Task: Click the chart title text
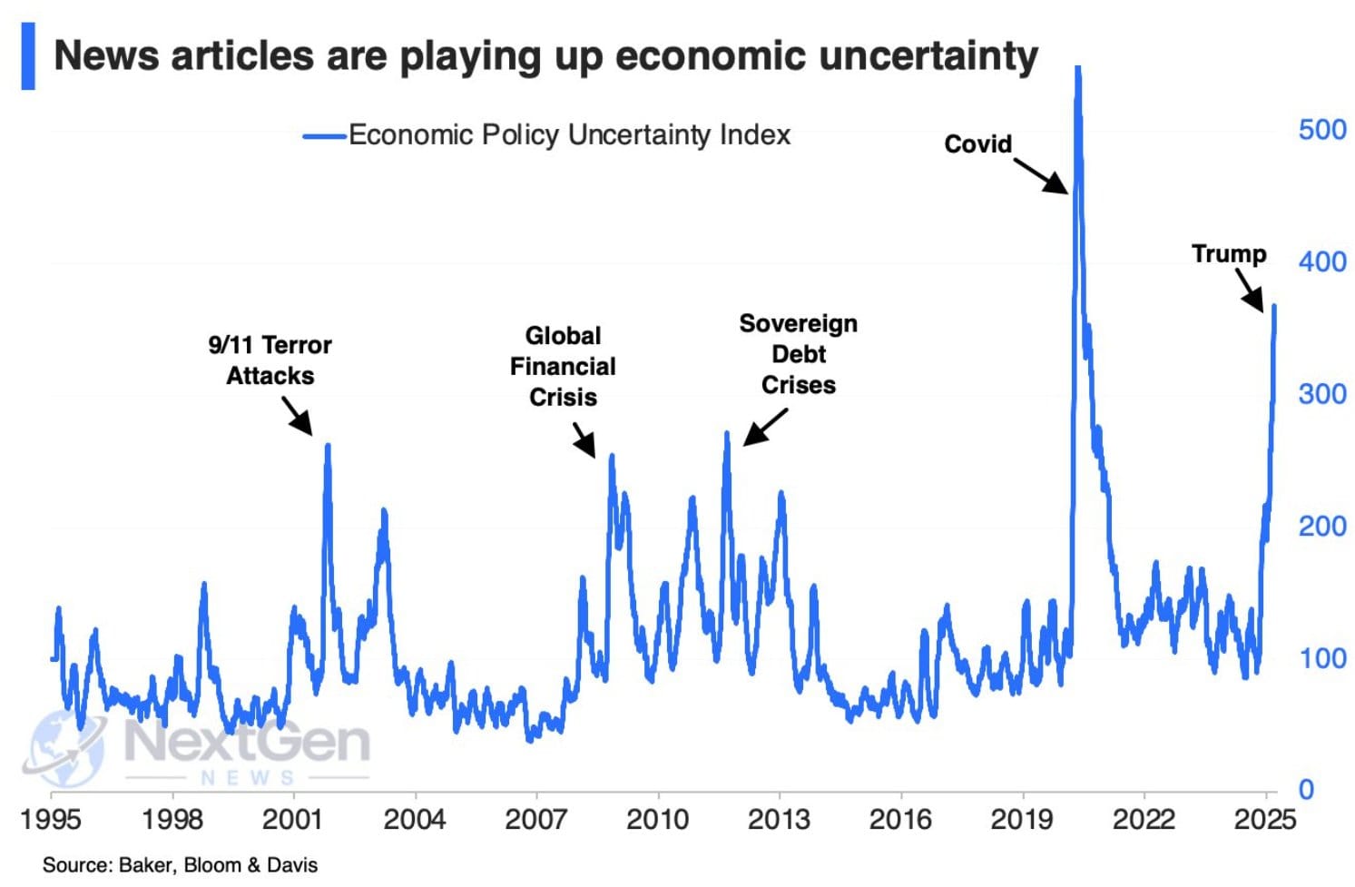545,56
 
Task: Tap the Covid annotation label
977,144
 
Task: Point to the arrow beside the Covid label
1040,175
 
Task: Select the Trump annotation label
1228,253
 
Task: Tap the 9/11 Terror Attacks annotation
270,360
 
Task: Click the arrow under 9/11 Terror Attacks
297,416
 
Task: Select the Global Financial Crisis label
563,366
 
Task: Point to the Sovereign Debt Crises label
798,354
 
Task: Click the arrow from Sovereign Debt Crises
765,427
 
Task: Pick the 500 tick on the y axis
1321,130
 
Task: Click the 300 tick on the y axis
1321,394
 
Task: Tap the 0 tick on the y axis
1305,789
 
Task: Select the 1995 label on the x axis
52,820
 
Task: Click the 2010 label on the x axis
657,820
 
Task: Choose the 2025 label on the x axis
1264,820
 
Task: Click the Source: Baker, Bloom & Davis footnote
180,865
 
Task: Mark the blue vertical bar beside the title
28,56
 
